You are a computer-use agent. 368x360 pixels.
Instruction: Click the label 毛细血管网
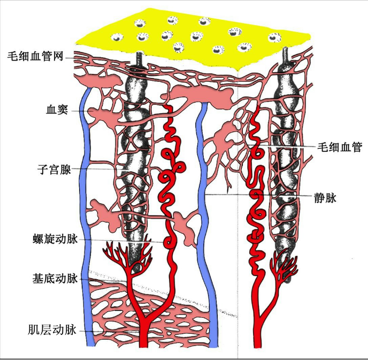pos(36,56)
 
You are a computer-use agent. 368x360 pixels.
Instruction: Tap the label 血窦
pos(56,111)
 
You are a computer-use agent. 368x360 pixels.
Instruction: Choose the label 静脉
pos(325,198)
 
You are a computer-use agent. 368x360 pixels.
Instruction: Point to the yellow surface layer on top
pos(193,37)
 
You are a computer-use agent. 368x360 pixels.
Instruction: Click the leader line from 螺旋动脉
pos(123,240)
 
